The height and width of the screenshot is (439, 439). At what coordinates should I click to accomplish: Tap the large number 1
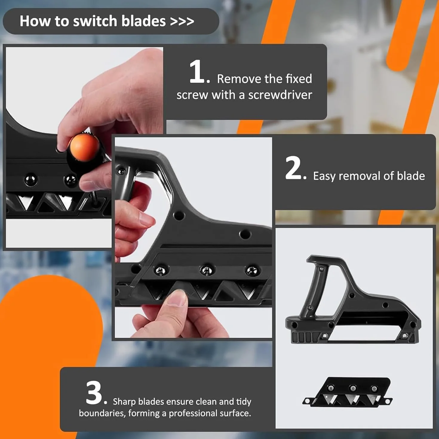pyautogui.click(x=197, y=72)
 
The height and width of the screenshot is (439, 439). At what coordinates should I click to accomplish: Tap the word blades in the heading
pyautogui.click(x=144, y=21)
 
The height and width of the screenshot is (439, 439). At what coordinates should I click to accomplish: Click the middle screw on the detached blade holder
pyautogui.click(x=353, y=387)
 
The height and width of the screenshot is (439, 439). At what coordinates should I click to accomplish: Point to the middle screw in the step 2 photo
pyautogui.click(x=207, y=270)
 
